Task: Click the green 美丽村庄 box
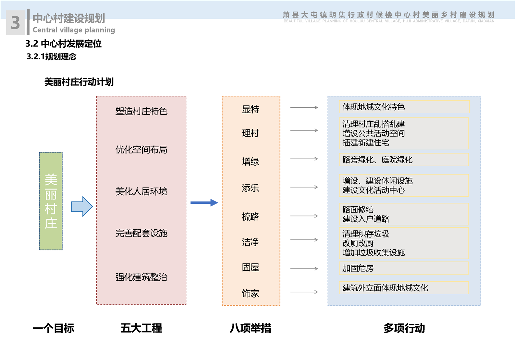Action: [x=51, y=201]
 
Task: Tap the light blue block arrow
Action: [x=82, y=206]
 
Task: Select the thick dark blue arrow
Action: [x=204, y=203]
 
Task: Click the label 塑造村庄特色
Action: [x=141, y=111]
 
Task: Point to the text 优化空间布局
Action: [x=141, y=150]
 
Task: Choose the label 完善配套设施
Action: [x=141, y=233]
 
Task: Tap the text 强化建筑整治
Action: [x=141, y=277]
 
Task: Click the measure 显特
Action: [x=250, y=109]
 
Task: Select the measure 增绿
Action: [x=250, y=161]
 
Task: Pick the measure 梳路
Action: [x=250, y=216]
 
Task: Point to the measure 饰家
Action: [x=250, y=293]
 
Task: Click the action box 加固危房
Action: [x=404, y=268]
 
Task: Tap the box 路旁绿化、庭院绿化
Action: [x=404, y=160]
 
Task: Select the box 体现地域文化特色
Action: [x=404, y=107]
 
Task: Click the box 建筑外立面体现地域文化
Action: [x=404, y=288]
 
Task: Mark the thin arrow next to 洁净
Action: [x=304, y=240]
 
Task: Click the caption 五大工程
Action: [x=141, y=328]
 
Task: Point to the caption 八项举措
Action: [x=250, y=328]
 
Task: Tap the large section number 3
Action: [x=15, y=23]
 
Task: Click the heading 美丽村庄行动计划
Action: [x=79, y=82]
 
